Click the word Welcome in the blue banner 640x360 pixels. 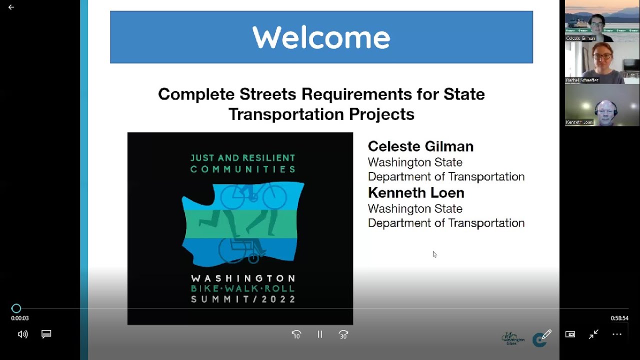coord(321,37)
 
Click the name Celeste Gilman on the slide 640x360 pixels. coord(420,146)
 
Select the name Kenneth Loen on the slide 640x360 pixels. coord(416,192)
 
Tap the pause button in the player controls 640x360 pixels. coord(320,334)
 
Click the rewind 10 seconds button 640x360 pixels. coord(296,334)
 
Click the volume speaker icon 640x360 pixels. coord(22,334)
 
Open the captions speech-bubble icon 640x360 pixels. coord(46,334)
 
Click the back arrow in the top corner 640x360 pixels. coord(11,7)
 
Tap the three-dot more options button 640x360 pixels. coord(617,334)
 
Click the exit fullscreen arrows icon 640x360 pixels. coord(593,334)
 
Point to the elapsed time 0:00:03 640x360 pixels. coord(20,318)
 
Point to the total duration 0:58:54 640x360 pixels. coord(619,318)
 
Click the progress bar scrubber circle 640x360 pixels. coord(16,308)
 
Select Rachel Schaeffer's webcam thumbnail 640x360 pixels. coord(602,63)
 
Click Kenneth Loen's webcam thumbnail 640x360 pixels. coord(602,105)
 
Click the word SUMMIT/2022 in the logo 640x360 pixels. coord(243,299)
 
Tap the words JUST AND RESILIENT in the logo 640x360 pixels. coord(243,158)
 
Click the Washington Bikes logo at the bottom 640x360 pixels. coord(512,338)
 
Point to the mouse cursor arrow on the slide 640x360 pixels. coord(434,253)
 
